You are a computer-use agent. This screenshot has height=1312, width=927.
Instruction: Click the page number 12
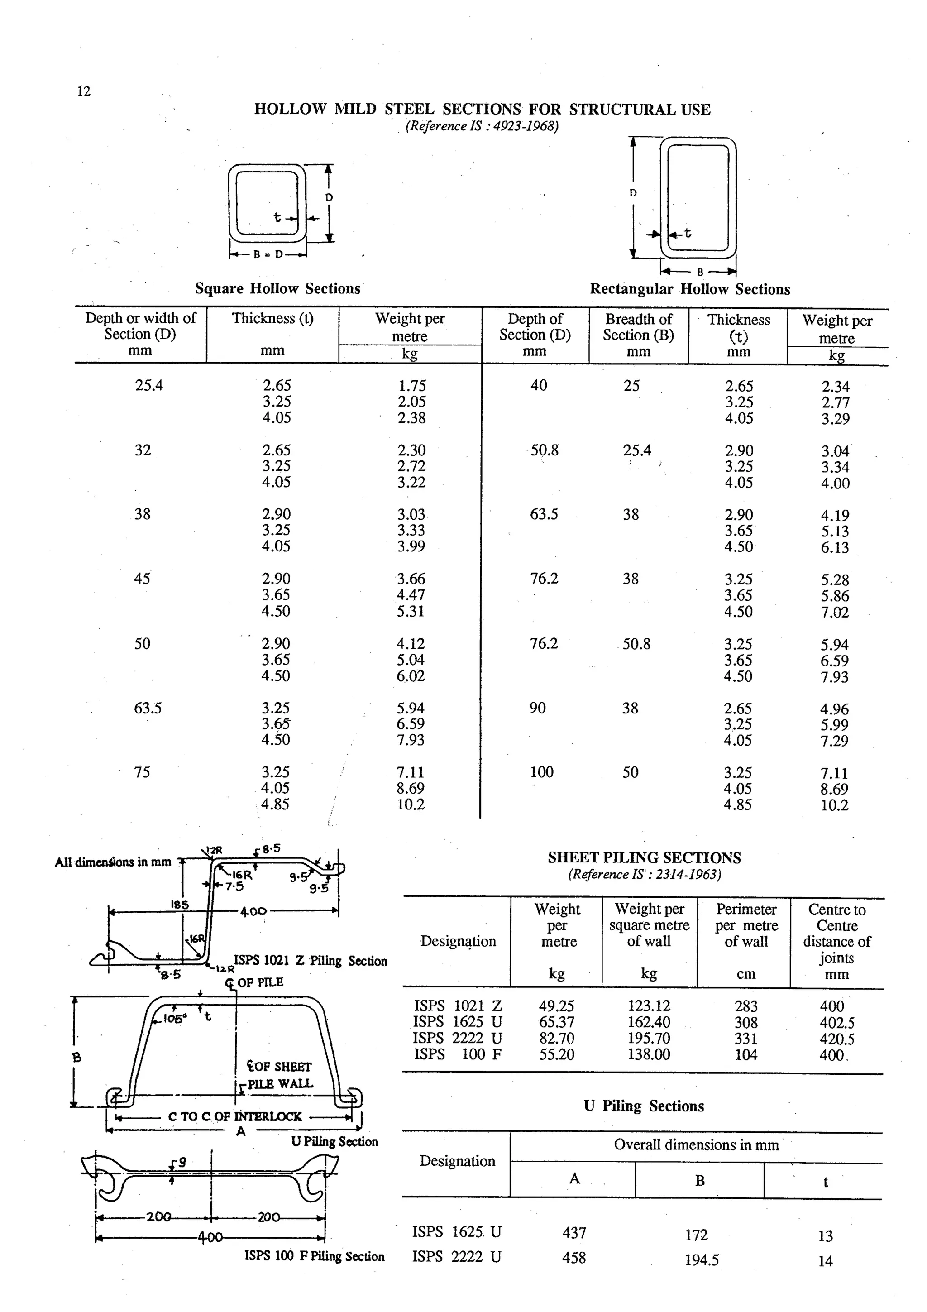click(83, 91)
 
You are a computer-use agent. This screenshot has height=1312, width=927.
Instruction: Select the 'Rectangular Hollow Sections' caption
click(689, 289)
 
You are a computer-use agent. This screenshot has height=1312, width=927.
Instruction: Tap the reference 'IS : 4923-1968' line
click(482, 126)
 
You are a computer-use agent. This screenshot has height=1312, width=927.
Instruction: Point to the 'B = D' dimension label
click(268, 254)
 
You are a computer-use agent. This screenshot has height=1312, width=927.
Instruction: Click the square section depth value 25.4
click(148, 386)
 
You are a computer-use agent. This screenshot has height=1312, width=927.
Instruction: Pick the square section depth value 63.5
click(148, 709)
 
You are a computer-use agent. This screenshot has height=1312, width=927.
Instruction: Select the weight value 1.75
click(411, 386)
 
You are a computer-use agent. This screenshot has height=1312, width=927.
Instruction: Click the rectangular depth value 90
click(537, 709)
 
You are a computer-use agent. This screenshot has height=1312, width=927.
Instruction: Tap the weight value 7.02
click(835, 613)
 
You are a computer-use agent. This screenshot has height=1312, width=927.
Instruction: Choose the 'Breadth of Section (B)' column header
click(638, 327)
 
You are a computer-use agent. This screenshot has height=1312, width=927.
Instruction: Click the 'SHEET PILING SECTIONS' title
click(644, 858)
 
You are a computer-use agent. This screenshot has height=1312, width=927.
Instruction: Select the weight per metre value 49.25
click(556, 1006)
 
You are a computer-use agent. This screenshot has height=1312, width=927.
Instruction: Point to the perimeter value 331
click(745, 1038)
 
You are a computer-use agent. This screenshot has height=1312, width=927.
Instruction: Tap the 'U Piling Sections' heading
click(643, 1106)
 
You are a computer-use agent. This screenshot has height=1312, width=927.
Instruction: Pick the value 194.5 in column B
click(702, 1260)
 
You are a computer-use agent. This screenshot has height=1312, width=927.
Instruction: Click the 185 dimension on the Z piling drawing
click(180, 905)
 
